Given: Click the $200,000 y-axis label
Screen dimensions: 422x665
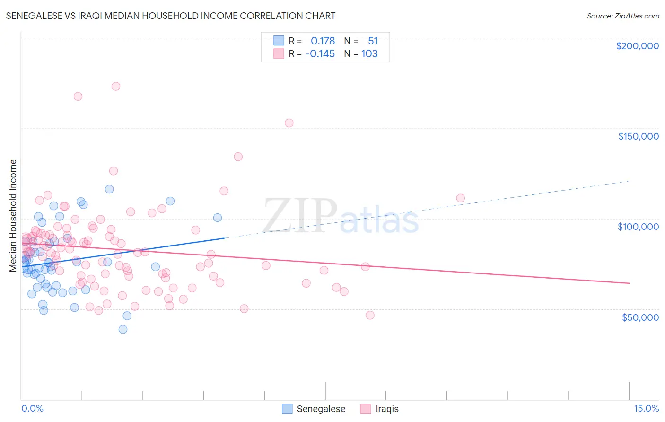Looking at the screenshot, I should (x=637, y=46).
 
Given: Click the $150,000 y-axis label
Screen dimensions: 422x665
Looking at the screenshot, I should (x=638, y=136).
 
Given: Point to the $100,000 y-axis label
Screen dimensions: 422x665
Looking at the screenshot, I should (x=638, y=227).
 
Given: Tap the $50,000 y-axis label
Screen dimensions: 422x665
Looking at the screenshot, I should (x=640, y=317).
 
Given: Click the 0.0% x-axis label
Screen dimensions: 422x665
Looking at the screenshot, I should (x=32, y=408).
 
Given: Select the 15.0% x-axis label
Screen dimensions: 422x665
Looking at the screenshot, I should (x=646, y=408).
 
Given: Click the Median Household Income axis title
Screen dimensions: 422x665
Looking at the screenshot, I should (x=13, y=216).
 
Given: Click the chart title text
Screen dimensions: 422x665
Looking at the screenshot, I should (x=171, y=16).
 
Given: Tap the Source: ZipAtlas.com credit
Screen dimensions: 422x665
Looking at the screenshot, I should (x=622, y=16).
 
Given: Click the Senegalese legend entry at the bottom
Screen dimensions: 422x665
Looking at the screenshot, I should (x=314, y=409).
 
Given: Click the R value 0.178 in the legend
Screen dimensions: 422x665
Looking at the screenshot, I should (x=323, y=41).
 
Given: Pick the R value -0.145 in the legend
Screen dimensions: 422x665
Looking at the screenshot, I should (x=320, y=53).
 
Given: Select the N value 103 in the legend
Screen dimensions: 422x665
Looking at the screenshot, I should (x=369, y=53).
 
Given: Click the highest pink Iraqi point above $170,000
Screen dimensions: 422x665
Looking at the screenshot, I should (x=115, y=86).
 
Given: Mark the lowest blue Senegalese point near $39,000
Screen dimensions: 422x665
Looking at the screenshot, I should (x=123, y=329).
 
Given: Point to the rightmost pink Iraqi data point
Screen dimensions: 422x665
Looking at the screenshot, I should (x=460, y=198).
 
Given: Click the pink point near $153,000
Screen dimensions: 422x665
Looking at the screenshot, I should (x=289, y=123).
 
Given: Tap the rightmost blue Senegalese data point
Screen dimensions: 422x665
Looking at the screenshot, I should (x=218, y=218).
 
